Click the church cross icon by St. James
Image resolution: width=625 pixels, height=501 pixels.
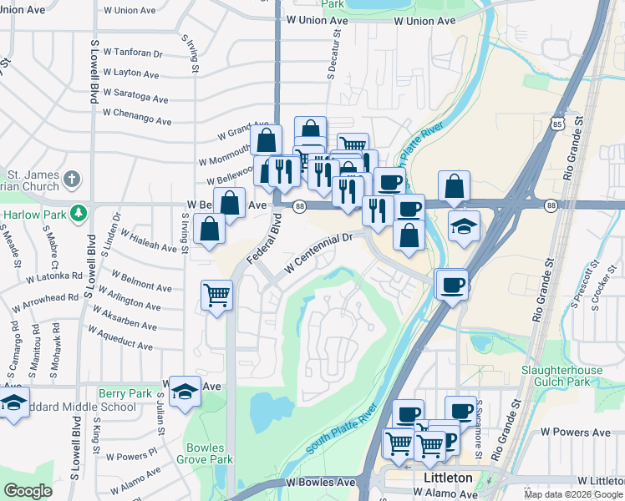[72, 179]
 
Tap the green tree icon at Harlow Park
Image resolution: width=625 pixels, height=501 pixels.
[78, 214]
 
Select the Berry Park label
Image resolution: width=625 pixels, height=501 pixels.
[124, 393]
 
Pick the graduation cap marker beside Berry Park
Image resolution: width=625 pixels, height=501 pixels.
[185, 391]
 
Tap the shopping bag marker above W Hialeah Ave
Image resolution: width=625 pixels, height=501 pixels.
[209, 228]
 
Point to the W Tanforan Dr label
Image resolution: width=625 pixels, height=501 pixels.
[133, 53]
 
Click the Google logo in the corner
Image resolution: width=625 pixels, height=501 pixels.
[28, 491]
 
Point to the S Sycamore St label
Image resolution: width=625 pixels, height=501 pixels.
[479, 435]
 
